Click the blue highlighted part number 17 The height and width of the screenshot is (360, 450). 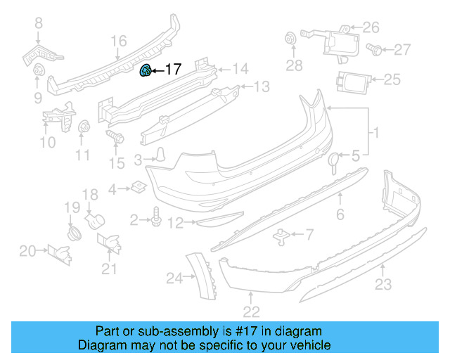[146, 70]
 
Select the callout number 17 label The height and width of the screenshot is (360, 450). [173, 70]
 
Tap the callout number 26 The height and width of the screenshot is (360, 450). [371, 28]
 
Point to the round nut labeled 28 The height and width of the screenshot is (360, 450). [290, 39]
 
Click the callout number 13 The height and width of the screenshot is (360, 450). [262, 87]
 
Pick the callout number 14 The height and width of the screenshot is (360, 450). [240, 69]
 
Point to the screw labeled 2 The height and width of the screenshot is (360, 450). [155, 221]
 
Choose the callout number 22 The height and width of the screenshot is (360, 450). [251, 311]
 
